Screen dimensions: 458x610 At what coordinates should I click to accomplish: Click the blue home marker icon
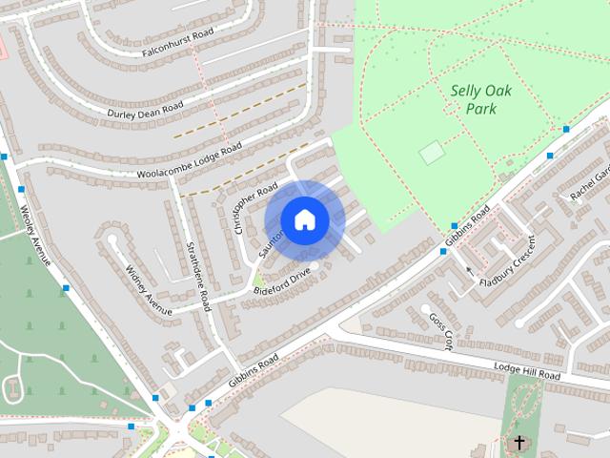[x=304, y=219]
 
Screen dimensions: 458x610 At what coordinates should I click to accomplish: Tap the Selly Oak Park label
[x=474, y=98]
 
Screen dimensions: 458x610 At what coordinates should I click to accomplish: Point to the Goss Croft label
[x=438, y=331]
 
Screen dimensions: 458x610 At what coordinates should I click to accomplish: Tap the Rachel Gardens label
[x=588, y=181]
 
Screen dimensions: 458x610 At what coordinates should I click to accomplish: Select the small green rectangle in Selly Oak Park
[x=432, y=152]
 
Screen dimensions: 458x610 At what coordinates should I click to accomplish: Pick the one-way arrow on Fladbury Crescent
[x=468, y=271]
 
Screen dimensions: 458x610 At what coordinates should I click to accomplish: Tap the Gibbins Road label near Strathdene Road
[x=254, y=370]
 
